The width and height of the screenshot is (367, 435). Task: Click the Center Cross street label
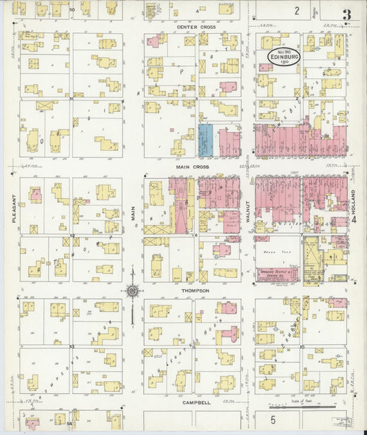click(x=196, y=27)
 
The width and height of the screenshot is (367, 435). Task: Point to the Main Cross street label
click(x=192, y=167)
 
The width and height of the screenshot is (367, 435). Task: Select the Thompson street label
click(x=194, y=290)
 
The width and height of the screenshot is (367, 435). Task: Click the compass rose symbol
click(x=132, y=291)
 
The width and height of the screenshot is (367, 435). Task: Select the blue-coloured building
click(x=205, y=140)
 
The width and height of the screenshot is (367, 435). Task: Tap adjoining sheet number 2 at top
click(x=297, y=10)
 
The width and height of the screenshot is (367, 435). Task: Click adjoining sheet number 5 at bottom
click(x=273, y=418)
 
